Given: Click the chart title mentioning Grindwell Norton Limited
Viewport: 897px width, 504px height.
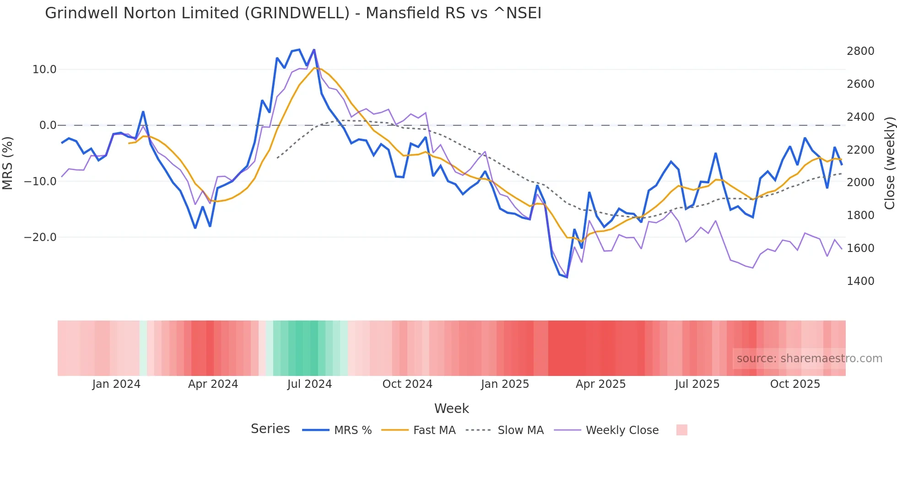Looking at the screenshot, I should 293,13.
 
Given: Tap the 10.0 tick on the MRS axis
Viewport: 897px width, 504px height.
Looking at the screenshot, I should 44,70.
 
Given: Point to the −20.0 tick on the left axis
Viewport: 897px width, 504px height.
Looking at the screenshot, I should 40,237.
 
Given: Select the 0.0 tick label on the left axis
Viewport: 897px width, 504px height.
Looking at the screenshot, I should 48,125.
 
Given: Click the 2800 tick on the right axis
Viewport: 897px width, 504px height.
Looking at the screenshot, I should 860,51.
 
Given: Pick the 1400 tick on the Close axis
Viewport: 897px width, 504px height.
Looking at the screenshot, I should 860,281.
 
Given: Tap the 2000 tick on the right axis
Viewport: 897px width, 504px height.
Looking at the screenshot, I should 860,182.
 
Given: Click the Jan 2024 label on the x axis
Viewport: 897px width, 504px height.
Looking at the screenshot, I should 116,384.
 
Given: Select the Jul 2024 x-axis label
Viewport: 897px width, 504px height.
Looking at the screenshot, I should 309,384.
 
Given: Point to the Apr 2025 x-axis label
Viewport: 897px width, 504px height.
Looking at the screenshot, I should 600,384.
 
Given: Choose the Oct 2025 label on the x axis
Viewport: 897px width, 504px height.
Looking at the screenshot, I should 795,384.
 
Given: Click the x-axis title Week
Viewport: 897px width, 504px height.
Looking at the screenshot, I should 451,408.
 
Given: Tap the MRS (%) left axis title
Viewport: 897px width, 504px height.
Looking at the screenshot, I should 8,163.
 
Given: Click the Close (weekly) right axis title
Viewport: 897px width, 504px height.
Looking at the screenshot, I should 889,163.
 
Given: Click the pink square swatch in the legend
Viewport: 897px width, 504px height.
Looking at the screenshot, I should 681,430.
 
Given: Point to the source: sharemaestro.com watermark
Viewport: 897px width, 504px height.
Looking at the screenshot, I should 809,359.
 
